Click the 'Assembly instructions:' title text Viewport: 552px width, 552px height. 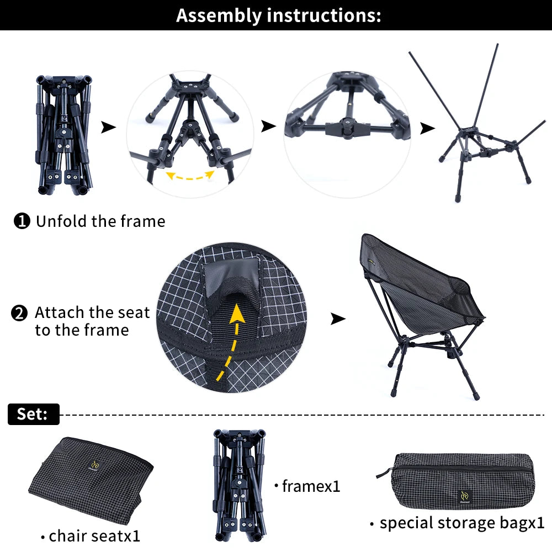(x=278, y=16)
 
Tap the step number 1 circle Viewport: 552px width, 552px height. (x=22, y=221)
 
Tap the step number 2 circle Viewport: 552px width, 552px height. (x=19, y=313)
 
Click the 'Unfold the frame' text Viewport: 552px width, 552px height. (x=100, y=221)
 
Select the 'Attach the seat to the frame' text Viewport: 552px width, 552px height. (x=92, y=321)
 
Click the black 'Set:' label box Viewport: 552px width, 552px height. (x=34, y=414)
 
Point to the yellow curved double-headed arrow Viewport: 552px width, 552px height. (x=190, y=177)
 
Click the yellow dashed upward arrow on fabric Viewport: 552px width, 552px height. (x=231, y=342)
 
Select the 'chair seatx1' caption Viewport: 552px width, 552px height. (x=91, y=536)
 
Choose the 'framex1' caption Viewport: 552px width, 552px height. (x=307, y=486)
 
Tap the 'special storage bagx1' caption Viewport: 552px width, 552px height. (x=457, y=523)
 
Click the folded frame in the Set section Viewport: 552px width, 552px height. (x=240, y=485)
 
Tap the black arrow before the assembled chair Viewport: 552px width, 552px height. (x=338, y=319)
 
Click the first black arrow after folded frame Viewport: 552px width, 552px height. (x=108, y=127)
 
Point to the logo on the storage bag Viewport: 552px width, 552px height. (x=465, y=496)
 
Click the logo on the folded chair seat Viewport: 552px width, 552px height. (x=95, y=465)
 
